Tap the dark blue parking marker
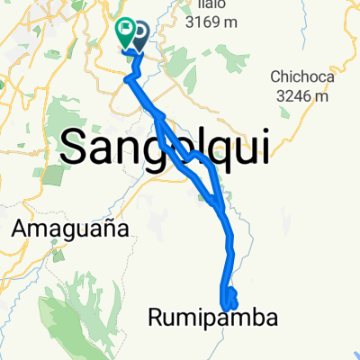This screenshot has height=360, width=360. (140, 34)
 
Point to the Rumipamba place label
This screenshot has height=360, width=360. (209, 317)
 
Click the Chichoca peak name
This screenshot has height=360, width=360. (301, 76)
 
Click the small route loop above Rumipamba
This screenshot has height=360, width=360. (230, 296)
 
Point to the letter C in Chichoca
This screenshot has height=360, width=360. (275, 76)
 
